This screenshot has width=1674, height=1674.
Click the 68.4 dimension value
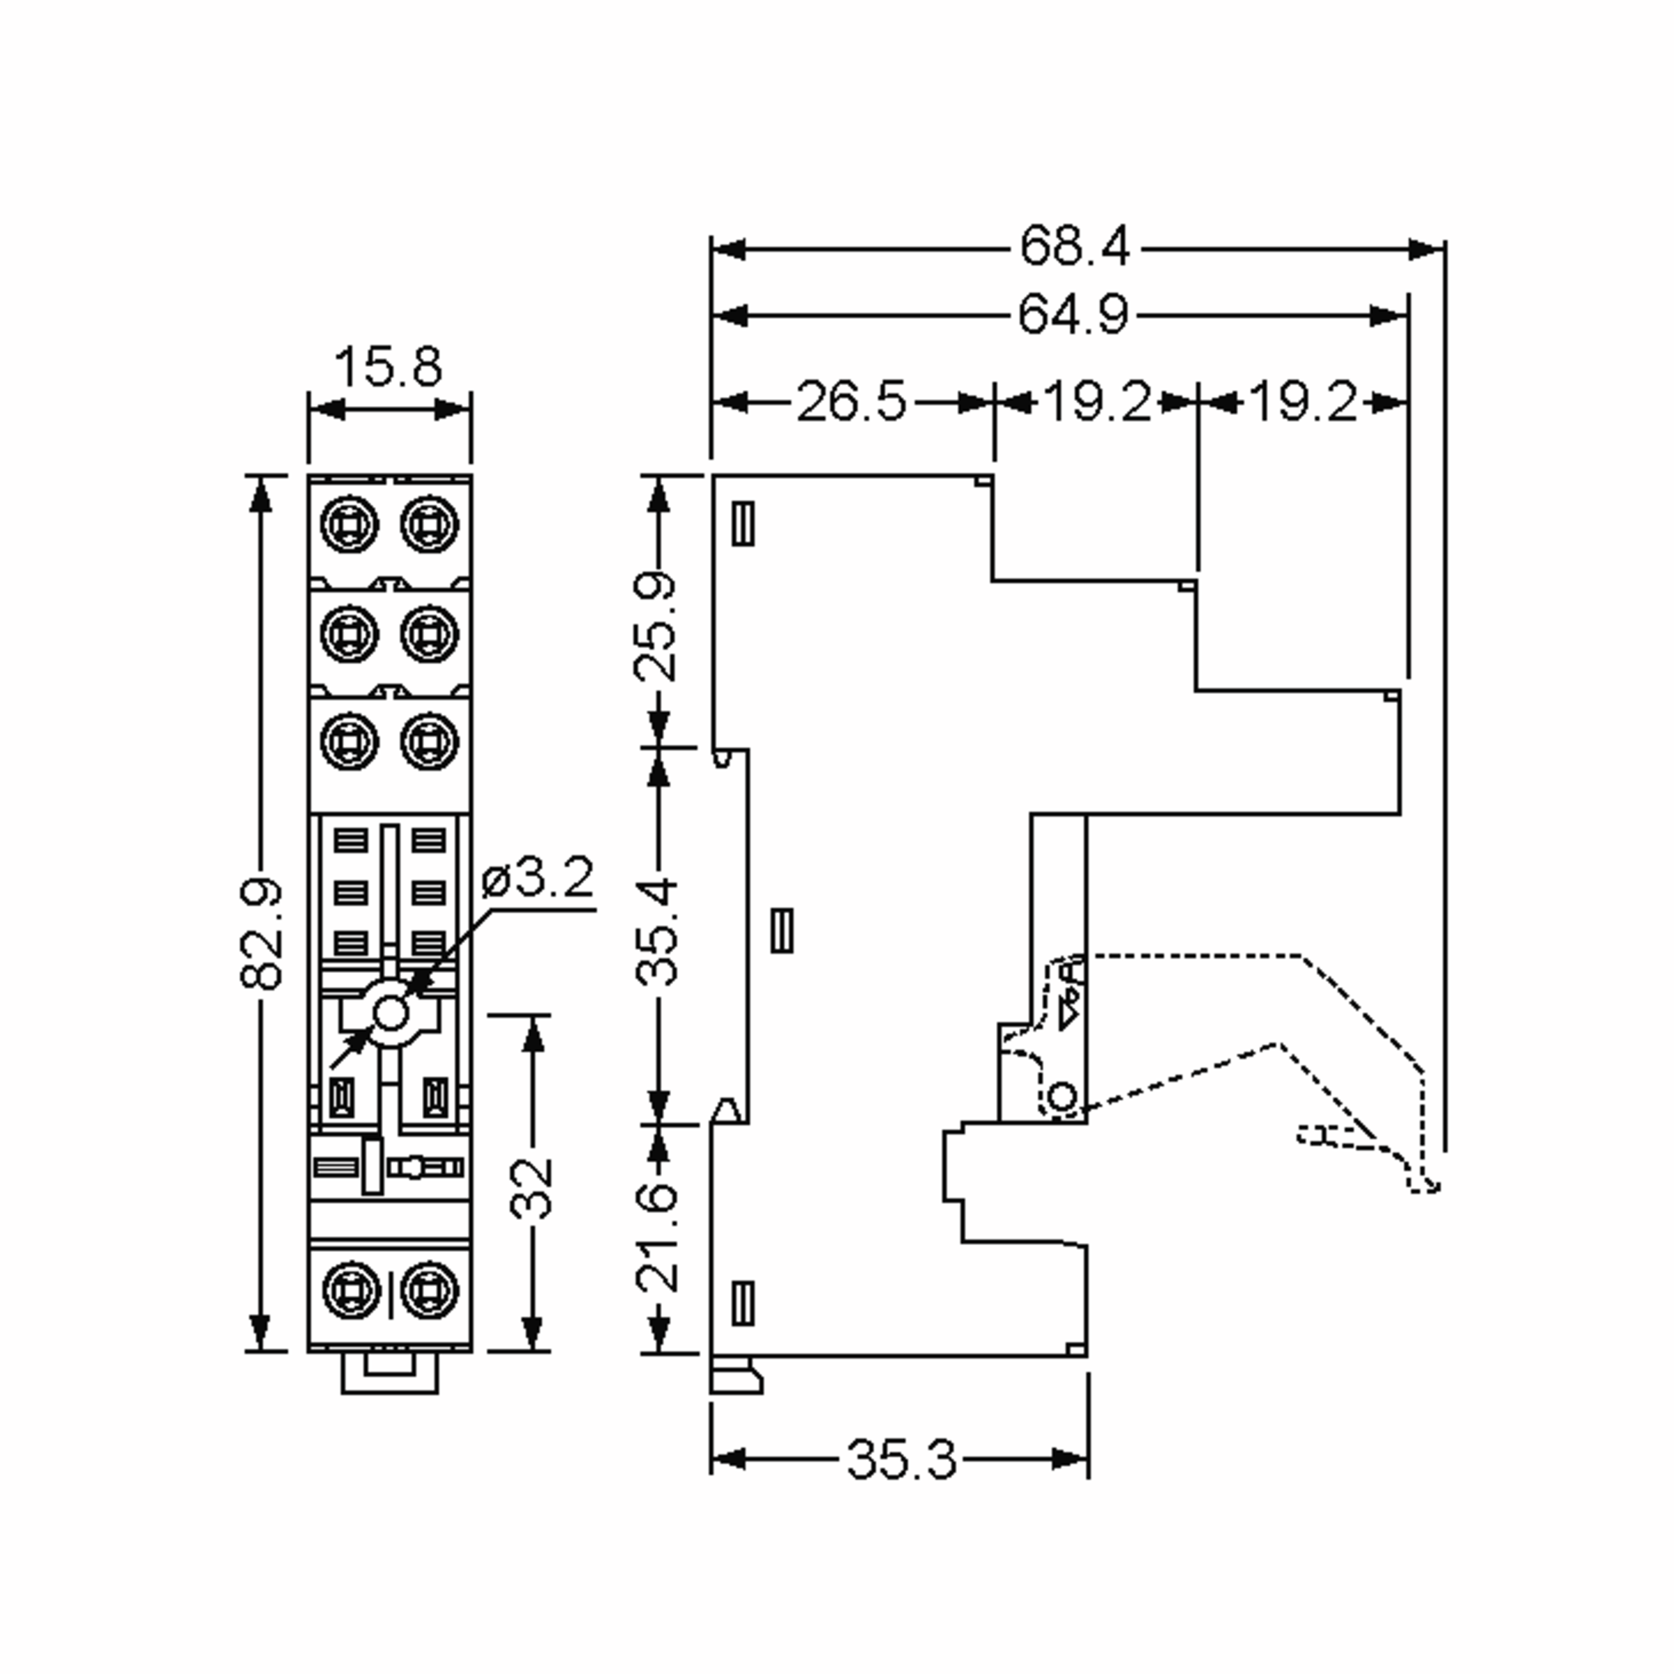click(1074, 246)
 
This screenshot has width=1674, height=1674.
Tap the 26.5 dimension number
click(851, 402)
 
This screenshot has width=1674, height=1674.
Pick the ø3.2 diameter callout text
click(538, 879)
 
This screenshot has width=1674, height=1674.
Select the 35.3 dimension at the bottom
click(901, 1459)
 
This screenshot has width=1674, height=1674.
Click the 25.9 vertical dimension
click(656, 625)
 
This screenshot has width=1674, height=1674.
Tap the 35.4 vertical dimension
click(656, 933)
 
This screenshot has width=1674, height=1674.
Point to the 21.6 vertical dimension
click(656, 1238)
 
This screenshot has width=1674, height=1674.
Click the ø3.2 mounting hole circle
click(391, 1013)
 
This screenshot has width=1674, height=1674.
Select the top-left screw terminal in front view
click(349, 523)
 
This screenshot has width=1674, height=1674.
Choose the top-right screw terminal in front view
click(429, 523)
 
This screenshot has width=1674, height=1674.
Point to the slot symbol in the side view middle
click(781, 930)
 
